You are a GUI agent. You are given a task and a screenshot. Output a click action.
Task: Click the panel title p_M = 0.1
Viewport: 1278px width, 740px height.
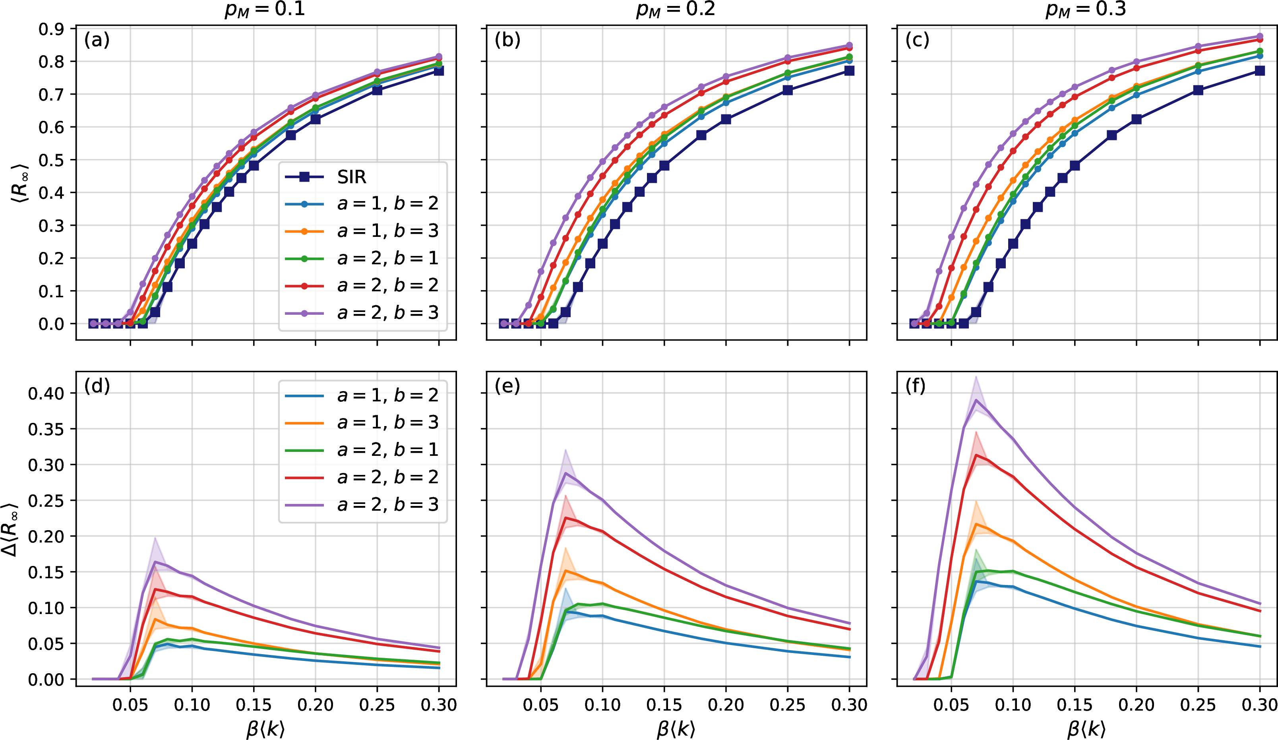(x=265, y=9)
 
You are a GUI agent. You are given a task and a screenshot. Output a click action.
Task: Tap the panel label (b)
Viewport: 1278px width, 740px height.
(x=507, y=40)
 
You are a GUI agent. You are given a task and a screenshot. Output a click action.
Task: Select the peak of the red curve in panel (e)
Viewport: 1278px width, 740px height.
(x=565, y=517)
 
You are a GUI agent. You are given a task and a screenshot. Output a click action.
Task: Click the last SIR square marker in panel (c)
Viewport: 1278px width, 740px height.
(x=1260, y=71)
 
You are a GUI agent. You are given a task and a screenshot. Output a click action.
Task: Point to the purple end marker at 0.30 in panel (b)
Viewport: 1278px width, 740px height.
(x=850, y=46)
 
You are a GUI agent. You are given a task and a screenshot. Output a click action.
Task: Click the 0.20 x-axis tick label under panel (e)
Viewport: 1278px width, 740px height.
(x=726, y=705)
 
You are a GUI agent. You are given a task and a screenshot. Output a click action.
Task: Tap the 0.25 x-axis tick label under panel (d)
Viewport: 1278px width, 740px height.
(x=377, y=705)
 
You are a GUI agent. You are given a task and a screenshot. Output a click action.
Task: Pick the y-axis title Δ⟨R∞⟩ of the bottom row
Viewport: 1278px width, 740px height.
(x=11, y=529)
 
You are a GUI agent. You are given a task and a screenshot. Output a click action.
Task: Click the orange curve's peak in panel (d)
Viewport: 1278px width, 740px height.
(x=155, y=619)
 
